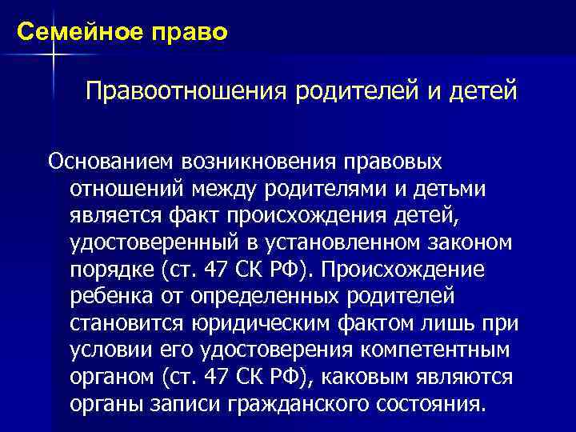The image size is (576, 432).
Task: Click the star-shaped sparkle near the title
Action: coord(53,54)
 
